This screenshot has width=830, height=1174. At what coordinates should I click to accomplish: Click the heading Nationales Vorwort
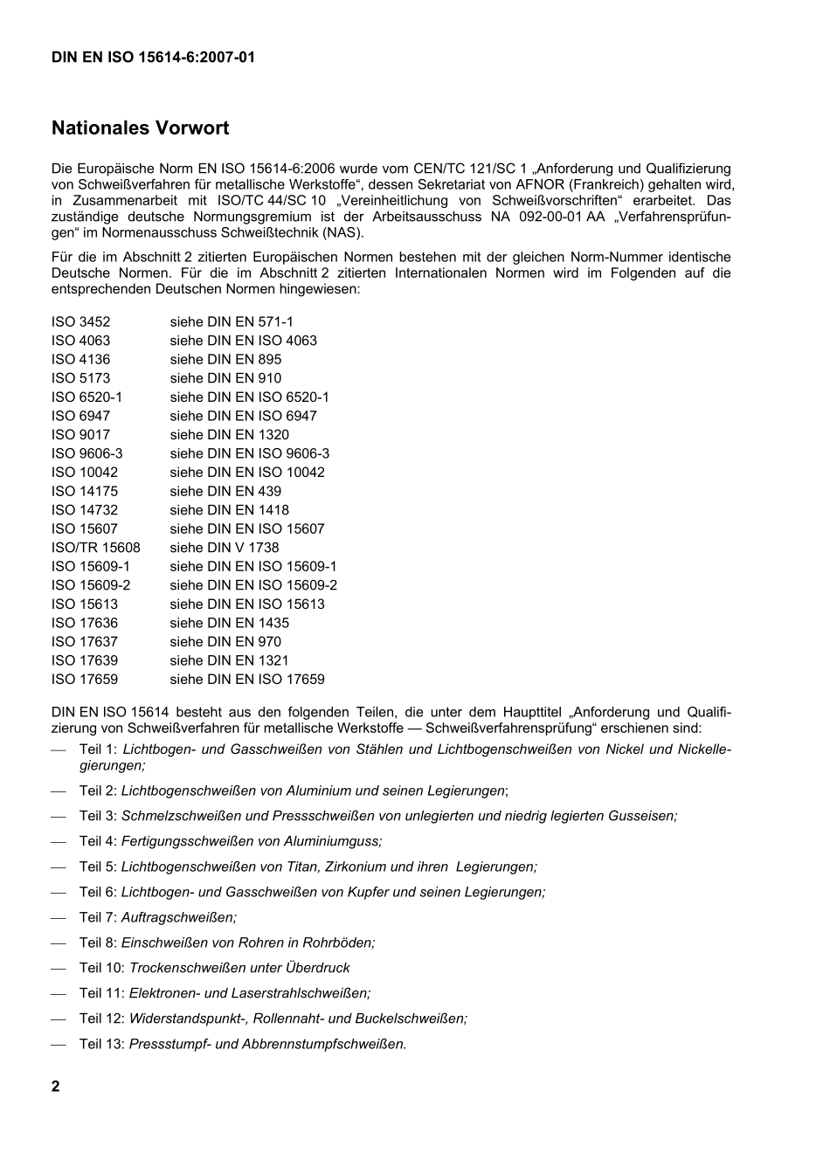[x=140, y=128]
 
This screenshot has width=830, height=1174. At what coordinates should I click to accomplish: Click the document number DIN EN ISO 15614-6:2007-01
[x=153, y=58]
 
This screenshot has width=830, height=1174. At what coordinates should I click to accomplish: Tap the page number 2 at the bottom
[x=56, y=1087]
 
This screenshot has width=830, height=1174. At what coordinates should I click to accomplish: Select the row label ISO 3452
[x=81, y=322]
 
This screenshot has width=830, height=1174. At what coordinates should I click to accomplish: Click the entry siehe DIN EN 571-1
[x=232, y=322]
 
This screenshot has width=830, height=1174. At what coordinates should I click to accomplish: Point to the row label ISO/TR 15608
[x=95, y=548]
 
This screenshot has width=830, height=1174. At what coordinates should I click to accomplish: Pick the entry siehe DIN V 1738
[x=225, y=548]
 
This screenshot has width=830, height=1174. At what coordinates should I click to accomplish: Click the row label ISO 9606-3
[x=87, y=453]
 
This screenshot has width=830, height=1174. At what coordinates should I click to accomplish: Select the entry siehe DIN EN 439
[x=225, y=491]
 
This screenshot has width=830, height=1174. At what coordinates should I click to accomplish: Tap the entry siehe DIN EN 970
[x=225, y=642]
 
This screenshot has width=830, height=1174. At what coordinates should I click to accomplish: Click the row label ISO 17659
[x=85, y=680]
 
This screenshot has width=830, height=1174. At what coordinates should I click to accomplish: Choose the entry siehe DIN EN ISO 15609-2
[x=253, y=585]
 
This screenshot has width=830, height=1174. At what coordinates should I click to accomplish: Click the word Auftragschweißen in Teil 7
[x=178, y=917]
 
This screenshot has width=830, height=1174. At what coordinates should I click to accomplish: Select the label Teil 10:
[x=101, y=968]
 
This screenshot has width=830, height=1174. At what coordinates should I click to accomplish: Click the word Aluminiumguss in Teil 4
[x=335, y=841]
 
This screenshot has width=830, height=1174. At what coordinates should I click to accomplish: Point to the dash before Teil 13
[x=59, y=1044]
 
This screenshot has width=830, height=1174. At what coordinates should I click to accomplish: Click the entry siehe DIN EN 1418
[x=229, y=510]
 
